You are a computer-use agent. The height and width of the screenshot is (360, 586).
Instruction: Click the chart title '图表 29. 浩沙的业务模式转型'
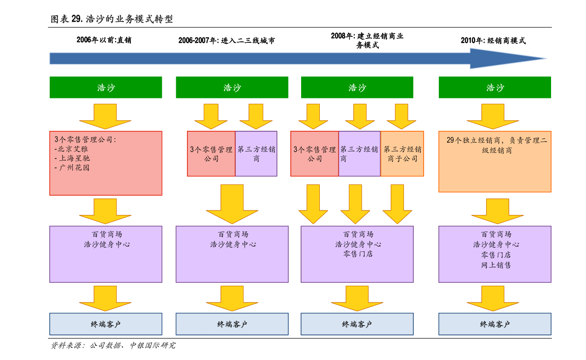111,19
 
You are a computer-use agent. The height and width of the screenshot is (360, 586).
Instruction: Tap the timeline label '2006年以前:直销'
104,40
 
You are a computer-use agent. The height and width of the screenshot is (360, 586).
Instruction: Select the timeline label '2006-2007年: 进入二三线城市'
226,40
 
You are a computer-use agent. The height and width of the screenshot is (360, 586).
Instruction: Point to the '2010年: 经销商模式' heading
493,40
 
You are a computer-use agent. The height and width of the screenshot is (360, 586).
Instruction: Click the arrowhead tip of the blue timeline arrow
546,58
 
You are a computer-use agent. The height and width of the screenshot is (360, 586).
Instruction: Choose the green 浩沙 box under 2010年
495,88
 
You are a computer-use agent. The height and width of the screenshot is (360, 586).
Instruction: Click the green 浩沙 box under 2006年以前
106,88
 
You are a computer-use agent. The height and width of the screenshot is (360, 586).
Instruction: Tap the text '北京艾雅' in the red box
73,149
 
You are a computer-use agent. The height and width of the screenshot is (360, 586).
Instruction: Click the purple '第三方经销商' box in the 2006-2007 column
256,153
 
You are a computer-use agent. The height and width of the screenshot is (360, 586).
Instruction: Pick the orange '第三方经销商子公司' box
402,153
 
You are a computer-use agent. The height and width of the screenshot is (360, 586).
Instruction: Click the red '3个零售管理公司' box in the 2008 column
315,153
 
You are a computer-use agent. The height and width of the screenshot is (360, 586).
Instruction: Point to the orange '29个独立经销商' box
495,161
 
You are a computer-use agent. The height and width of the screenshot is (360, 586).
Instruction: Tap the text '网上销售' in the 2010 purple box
496,265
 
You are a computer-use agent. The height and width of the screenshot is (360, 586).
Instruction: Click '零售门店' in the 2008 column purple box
358,254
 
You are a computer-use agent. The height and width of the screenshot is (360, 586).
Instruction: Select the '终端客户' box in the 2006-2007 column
232,324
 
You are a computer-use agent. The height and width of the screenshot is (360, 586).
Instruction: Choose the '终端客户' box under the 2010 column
495,324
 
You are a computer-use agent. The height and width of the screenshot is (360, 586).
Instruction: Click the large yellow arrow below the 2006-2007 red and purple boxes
232,204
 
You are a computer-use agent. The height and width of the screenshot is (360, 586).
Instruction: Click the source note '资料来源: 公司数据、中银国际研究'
113,345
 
